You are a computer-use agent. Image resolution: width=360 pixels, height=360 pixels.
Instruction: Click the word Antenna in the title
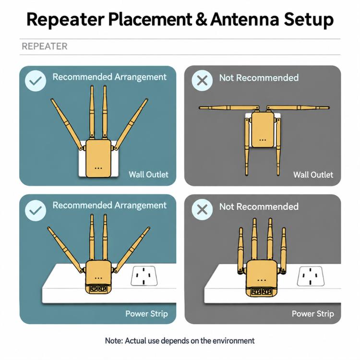coord(245,20)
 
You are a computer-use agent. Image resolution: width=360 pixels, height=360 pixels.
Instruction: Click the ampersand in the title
coord(201,20)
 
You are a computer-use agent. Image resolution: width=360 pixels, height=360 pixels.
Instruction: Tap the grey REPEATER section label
coord(45,47)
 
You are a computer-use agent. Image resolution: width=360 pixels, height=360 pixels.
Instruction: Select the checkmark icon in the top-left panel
coord(36,81)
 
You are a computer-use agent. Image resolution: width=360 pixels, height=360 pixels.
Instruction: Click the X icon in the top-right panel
coord(202,81)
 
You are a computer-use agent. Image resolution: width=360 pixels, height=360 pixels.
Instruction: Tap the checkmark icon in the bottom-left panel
coord(36,211)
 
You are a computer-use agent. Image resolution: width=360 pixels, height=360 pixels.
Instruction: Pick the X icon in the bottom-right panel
coord(202,210)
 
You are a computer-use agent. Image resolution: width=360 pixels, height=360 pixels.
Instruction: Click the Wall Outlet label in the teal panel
coord(148,175)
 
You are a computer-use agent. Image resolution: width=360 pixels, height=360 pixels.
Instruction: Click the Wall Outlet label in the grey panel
coord(313,175)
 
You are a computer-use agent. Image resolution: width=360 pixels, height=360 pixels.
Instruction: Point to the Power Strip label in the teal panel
coord(146,313)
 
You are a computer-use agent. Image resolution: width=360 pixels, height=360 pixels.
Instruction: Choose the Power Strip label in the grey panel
coord(312,313)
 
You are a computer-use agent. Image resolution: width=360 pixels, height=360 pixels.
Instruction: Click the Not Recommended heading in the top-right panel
coord(259,78)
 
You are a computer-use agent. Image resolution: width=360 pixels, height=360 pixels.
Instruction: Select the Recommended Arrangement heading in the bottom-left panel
coord(109,205)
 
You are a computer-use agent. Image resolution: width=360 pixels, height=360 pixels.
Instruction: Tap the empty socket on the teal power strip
coord(144,276)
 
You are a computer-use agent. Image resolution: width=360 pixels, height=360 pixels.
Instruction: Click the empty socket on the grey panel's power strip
coord(311,276)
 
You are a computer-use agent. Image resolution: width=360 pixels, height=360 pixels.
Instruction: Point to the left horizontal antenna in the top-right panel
coord(229,108)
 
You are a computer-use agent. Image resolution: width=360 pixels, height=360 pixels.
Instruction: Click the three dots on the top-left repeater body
coord(98,168)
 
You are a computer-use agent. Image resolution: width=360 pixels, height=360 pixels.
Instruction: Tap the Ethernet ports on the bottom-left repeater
coord(98,288)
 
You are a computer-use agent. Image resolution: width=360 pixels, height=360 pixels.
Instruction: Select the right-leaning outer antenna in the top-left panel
coord(131,124)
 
